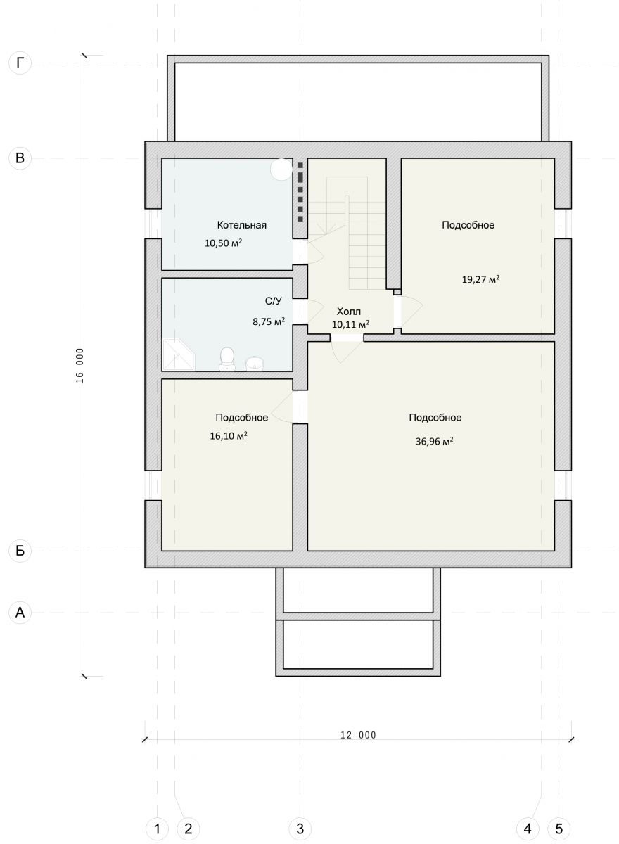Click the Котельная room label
(241, 225)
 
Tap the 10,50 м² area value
(224, 243)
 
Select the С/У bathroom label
(273, 301)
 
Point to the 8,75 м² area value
(269, 322)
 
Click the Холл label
(348, 312)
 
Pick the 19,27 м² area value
(480, 280)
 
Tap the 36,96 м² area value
(435, 441)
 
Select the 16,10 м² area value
(229, 436)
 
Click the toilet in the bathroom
(227, 359)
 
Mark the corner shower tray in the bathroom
(178, 354)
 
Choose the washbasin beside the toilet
(255, 364)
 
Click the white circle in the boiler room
(281, 170)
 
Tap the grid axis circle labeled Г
(20, 63)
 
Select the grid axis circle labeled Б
(20, 551)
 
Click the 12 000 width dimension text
(358, 735)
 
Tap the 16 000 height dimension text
(79, 365)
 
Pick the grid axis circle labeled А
(20, 613)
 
